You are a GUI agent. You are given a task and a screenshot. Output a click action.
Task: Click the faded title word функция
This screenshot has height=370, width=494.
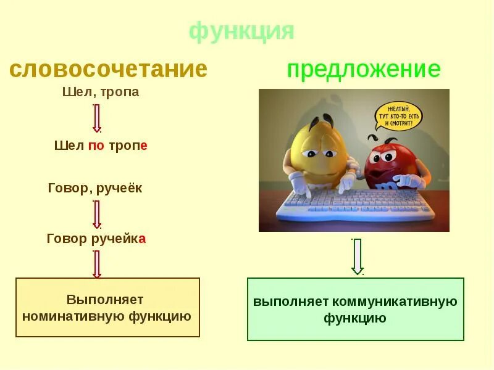click(x=241, y=30)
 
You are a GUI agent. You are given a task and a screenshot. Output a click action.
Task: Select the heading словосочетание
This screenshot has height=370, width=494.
click(x=108, y=69)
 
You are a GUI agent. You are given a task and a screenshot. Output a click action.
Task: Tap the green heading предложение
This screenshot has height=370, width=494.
click(x=363, y=70)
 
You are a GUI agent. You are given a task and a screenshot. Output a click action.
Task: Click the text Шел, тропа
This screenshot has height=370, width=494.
click(x=101, y=92)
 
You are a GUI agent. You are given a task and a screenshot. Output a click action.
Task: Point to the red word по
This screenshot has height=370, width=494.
click(x=96, y=146)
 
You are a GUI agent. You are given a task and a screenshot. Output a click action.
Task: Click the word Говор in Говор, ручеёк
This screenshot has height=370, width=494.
click(x=68, y=188)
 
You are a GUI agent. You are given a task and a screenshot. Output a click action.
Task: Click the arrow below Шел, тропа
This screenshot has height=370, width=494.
click(x=96, y=118)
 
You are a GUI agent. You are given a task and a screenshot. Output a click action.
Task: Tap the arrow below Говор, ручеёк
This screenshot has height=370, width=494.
click(x=96, y=214)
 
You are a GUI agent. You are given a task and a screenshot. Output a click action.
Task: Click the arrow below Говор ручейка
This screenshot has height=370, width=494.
click(x=96, y=264)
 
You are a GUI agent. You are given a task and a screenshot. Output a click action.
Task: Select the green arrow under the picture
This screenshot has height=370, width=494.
click(x=357, y=256)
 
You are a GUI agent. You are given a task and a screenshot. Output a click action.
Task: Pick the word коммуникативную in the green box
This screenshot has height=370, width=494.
click(x=395, y=302)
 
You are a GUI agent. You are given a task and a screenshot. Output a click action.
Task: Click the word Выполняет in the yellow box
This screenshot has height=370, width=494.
click(x=105, y=300)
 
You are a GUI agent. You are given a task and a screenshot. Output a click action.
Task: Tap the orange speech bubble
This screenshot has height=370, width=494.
click(x=399, y=116)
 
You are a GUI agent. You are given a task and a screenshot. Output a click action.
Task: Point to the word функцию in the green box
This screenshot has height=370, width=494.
click(x=355, y=318)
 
